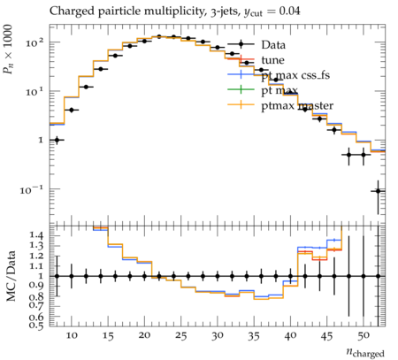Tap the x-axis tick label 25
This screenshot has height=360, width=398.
180,336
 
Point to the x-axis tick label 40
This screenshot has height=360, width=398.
290,336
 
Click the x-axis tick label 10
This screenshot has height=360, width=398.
72,336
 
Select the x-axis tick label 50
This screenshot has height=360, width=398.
364,336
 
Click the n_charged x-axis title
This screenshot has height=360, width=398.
365,353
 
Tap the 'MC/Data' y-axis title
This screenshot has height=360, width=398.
11,276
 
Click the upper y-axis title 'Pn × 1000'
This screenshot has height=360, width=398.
8,50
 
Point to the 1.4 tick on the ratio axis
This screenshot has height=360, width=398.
35,235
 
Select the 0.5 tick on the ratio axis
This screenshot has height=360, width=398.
35,325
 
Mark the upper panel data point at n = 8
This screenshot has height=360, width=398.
57,140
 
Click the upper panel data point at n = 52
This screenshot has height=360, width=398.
378,191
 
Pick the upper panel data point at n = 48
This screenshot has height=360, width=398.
348,155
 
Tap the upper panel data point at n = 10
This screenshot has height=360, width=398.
72,110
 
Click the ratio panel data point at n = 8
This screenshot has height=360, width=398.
57,276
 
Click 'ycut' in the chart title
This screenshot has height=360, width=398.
253,12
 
